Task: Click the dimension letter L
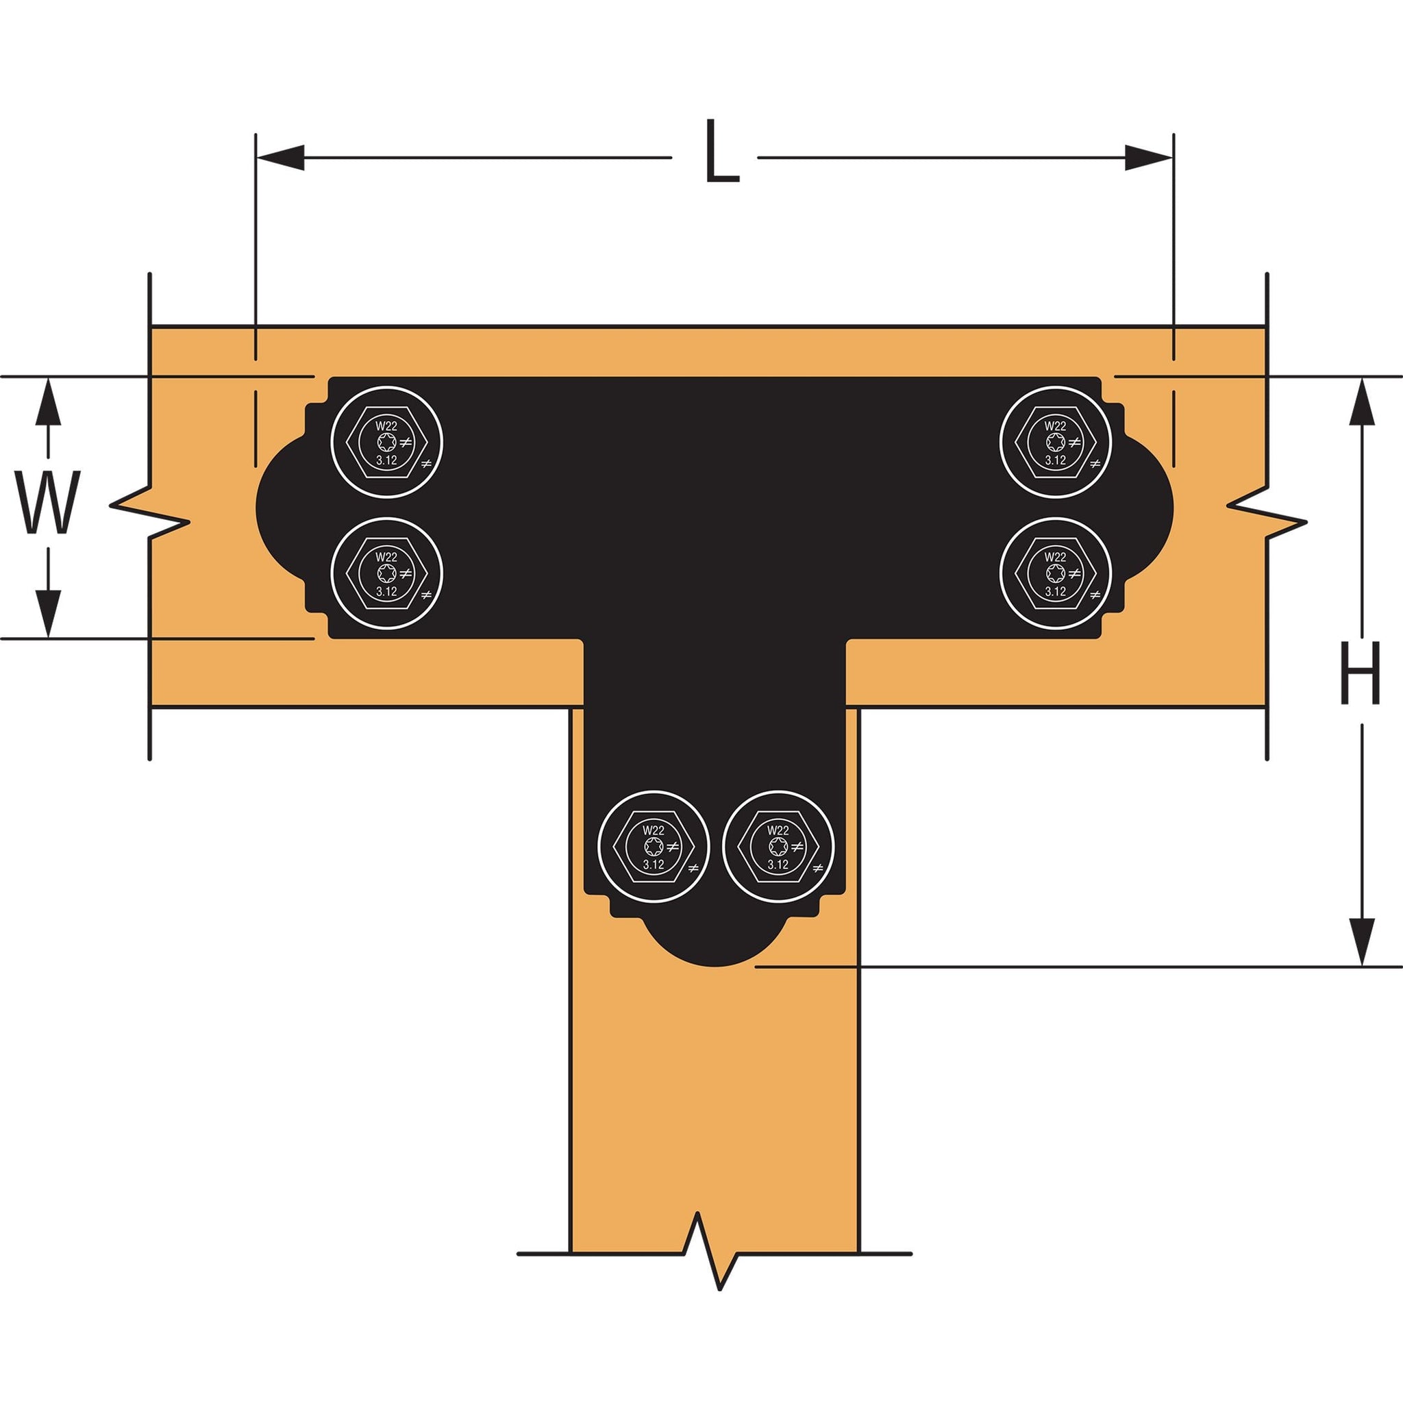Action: pyautogui.click(x=721, y=153)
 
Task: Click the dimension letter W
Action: pyautogui.click(x=48, y=504)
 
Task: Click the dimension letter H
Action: pyautogui.click(x=1359, y=675)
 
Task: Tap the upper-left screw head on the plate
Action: pyautogui.click(x=386, y=443)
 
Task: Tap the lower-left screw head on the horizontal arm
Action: pyautogui.click(x=386, y=573)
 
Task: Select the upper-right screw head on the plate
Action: pyautogui.click(x=1055, y=443)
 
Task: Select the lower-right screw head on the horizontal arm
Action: pyautogui.click(x=1055, y=573)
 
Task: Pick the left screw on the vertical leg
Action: pyautogui.click(x=654, y=847)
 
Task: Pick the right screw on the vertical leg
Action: pyautogui.click(x=778, y=847)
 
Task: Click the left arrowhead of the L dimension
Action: pyautogui.click(x=280, y=158)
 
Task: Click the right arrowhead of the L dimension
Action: pyautogui.click(x=1148, y=158)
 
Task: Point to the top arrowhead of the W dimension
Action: pyautogui.click(x=48, y=401)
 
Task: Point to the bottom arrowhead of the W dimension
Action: pyautogui.click(x=48, y=614)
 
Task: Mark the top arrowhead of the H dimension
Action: pyautogui.click(x=1361, y=401)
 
